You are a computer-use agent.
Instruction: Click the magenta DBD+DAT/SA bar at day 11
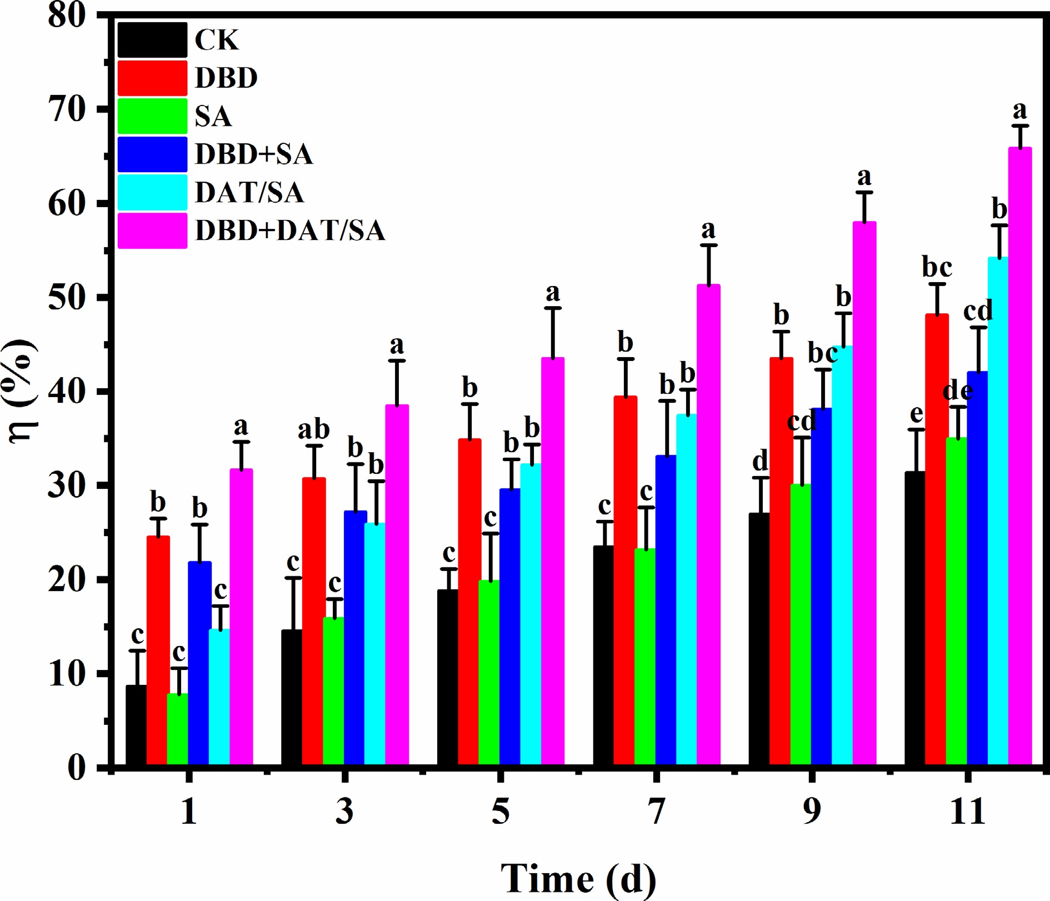pyautogui.click(x=1020, y=455)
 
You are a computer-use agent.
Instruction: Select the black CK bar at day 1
pyautogui.click(x=136, y=725)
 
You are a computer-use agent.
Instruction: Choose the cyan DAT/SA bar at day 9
pyautogui.click(x=843, y=555)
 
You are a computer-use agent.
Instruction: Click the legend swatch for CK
pyautogui.click(x=152, y=40)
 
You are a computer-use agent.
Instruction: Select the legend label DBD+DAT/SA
pyautogui.click(x=290, y=231)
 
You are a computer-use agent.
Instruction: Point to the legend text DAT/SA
pyautogui.click(x=249, y=192)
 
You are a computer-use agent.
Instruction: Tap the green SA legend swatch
pyautogui.click(x=152, y=116)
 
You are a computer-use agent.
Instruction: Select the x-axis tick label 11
pyautogui.click(x=967, y=812)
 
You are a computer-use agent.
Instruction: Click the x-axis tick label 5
pyautogui.click(x=501, y=812)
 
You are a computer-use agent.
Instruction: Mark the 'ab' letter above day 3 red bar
pyautogui.click(x=314, y=429)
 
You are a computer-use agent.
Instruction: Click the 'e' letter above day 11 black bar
pyautogui.click(x=916, y=414)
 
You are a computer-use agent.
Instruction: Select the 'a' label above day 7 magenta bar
pyautogui.click(x=708, y=229)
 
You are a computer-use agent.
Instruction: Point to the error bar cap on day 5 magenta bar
pyautogui.click(x=553, y=308)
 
